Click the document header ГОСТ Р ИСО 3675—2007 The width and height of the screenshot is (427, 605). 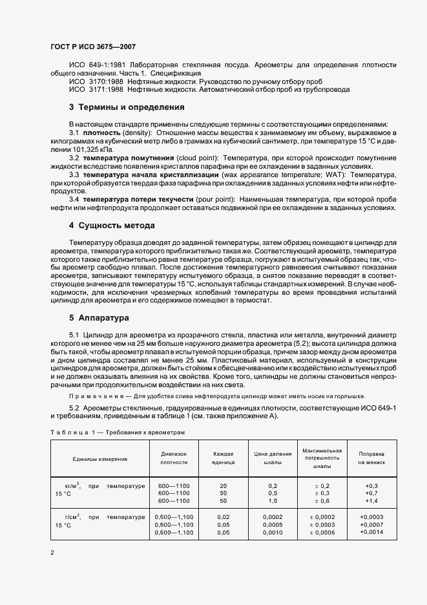(x=93, y=47)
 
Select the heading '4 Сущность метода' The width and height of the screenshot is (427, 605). (x=112, y=226)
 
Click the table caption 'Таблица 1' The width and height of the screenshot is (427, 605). (x=70, y=432)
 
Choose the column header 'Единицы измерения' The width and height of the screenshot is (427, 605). (x=100, y=459)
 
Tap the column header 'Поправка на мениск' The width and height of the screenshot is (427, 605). (x=371, y=459)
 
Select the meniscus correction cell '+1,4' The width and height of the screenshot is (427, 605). (x=371, y=501)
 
